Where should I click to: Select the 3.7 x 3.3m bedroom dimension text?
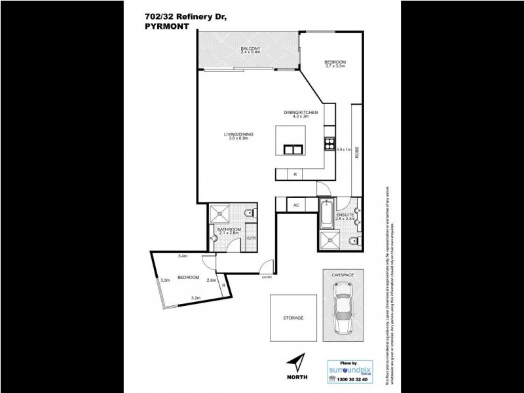[x=335, y=67]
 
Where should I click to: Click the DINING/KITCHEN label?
[x=301, y=113]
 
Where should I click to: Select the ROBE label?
[x=357, y=152]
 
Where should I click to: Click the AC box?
[x=296, y=205]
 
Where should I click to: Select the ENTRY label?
[x=267, y=277]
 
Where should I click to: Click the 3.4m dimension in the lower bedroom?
[x=184, y=255]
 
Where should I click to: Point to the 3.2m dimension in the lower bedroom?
[x=195, y=298]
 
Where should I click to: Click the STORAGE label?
[x=293, y=318]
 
